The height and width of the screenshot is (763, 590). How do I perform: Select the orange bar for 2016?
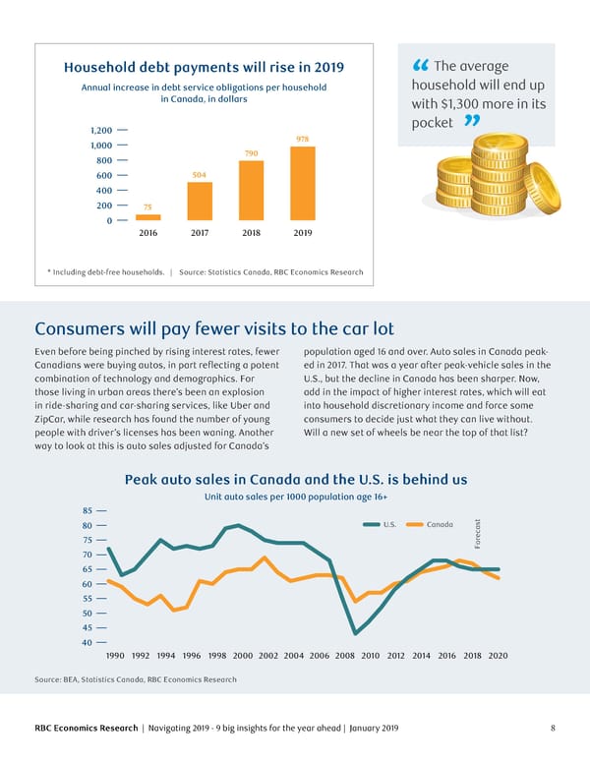147,216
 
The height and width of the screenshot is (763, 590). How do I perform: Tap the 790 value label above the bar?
251,153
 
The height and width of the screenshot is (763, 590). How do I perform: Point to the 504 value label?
199,174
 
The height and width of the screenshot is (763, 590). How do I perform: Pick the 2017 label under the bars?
199,234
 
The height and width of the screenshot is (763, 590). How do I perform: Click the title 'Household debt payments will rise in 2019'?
204,67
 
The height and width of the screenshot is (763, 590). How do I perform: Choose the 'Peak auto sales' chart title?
295,479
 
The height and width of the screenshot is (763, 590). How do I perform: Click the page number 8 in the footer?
554,728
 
